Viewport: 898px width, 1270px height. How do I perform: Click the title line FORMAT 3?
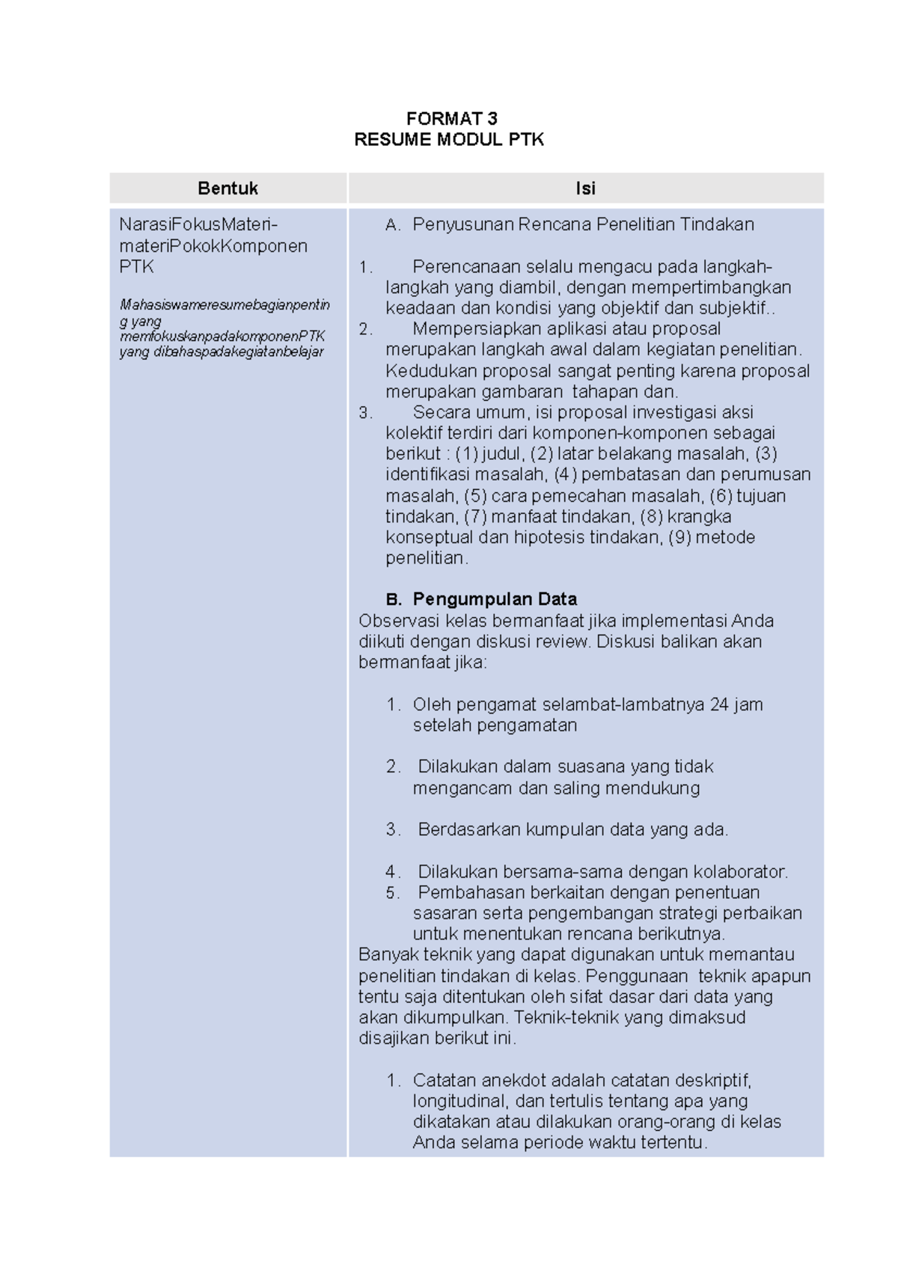(x=451, y=118)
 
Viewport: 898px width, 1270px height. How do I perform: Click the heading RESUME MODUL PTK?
(x=449, y=139)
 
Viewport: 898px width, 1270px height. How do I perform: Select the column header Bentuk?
(x=227, y=188)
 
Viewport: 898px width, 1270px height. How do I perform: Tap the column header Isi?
(x=585, y=188)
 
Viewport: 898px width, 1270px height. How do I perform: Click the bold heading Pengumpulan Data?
(x=495, y=599)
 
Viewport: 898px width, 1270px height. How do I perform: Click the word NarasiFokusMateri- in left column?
(x=198, y=224)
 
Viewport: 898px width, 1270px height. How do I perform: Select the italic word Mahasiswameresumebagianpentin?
(x=224, y=305)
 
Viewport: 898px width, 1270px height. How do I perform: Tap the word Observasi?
(x=399, y=621)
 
